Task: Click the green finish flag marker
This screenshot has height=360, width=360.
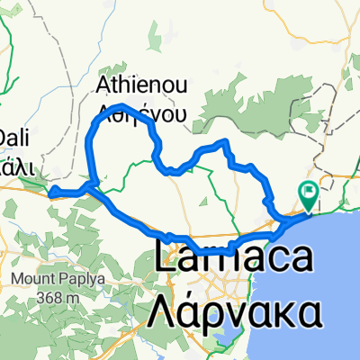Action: coord(310,192)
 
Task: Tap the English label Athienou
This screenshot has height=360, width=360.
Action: coord(141,87)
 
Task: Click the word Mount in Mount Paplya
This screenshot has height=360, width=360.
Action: coord(33,279)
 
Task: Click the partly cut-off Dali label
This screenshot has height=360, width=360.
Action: coord(13,138)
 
